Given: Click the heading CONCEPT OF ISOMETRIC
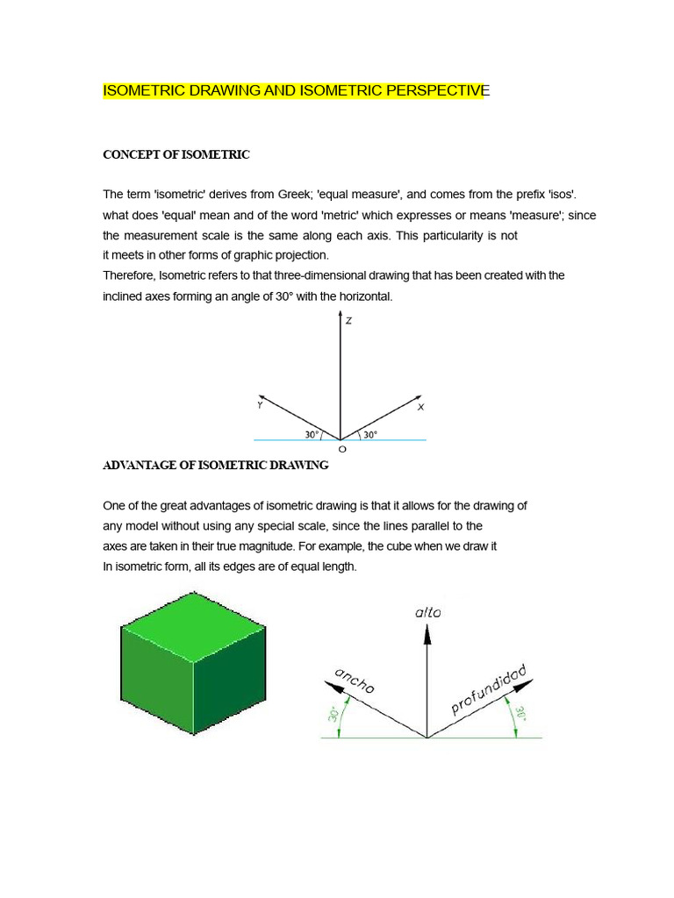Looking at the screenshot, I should tap(176, 154).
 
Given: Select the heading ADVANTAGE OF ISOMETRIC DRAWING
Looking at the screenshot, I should tap(216, 466).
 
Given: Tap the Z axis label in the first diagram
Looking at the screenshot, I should tap(348, 321).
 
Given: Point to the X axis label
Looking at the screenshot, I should tap(421, 407).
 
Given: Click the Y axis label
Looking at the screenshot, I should tap(260, 405).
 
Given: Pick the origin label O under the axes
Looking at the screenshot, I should tap(342, 449).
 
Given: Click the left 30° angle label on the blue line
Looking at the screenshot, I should tap(312, 434).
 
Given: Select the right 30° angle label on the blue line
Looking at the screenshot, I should tap(369, 434).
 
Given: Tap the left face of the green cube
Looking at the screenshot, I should tap(156, 683).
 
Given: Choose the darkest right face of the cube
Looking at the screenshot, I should tap(229, 683).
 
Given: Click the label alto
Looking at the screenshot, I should tap(427, 613).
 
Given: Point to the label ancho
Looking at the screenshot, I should tap(355, 681).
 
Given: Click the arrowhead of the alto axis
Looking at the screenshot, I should tap(427, 635).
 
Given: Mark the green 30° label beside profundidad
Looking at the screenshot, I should tap(520, 715).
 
